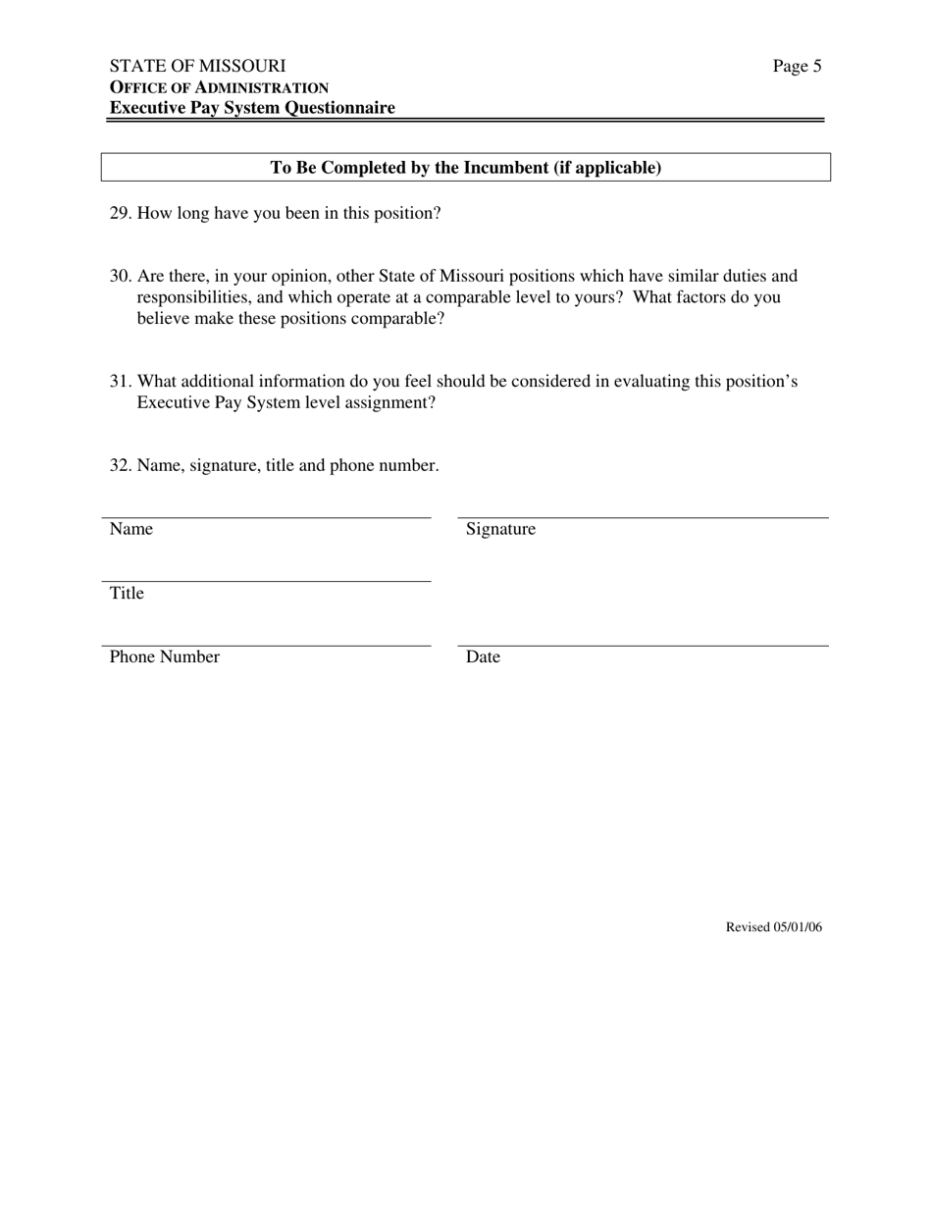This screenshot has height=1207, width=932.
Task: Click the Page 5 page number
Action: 797,67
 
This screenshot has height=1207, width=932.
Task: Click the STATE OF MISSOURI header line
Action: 197,66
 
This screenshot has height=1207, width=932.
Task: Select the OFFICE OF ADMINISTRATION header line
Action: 219,87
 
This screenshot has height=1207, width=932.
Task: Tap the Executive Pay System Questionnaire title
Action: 252,108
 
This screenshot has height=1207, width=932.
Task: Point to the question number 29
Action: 120,213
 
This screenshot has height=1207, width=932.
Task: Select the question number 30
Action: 120,276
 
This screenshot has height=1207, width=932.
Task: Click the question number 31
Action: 120,381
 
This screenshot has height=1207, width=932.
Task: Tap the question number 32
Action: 120,465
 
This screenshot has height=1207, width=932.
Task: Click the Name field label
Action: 131,529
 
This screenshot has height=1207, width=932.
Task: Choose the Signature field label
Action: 500,529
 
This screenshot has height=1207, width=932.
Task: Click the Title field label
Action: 127,594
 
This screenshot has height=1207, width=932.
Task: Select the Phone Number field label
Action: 164,657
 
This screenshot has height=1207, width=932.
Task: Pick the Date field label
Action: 483,657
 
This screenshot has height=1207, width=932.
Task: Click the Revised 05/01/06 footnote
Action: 773,927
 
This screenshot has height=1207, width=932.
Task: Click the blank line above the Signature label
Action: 643,516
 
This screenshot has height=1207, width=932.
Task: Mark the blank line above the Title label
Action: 266,581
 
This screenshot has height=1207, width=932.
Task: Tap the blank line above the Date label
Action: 643,646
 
